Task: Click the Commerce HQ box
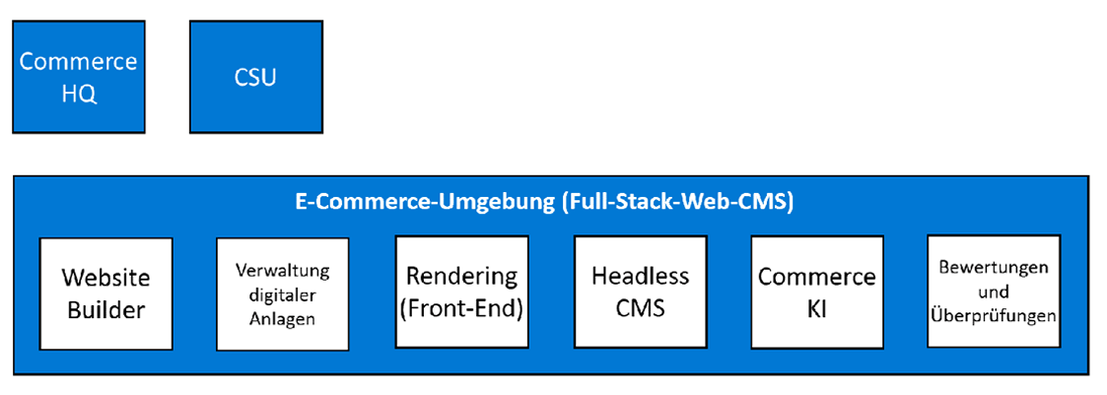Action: click(78, 77)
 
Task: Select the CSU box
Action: click(255, 77)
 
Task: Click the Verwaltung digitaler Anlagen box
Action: click(282, 293)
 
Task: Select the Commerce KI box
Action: click(816, 292)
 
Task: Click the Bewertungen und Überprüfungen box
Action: click(994, 292)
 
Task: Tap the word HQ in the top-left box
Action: click(78, 95)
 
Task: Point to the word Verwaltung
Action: click(282, 270)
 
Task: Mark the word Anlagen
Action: click(282, 318)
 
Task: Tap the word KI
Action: click(816, 309)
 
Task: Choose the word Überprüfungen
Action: click(994, 317)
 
